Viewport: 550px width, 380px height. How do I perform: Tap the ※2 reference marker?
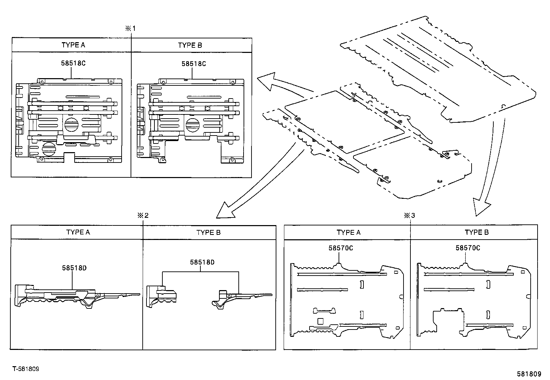pos(143,215)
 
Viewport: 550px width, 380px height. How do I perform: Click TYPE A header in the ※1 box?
pos(73,45)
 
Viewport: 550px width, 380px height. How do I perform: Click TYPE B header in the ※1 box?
pos(190,45)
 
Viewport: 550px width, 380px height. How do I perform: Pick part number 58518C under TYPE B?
pos(194,64)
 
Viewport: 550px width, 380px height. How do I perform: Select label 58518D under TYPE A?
pos(74,268)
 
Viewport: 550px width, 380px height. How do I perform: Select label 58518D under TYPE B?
pos(202,262)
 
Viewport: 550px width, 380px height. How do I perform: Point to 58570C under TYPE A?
pos(341,248)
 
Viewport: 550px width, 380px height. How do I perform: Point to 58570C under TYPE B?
pos(468,248)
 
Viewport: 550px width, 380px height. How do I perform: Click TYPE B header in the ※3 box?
pos(477,232)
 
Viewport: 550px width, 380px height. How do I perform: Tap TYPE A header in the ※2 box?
pos(78,232)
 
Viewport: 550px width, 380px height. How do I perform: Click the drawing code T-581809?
pos(26,369)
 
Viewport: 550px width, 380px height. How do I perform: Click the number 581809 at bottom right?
pos(529,374)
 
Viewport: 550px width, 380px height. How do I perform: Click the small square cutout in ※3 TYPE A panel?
pos(320,321)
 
